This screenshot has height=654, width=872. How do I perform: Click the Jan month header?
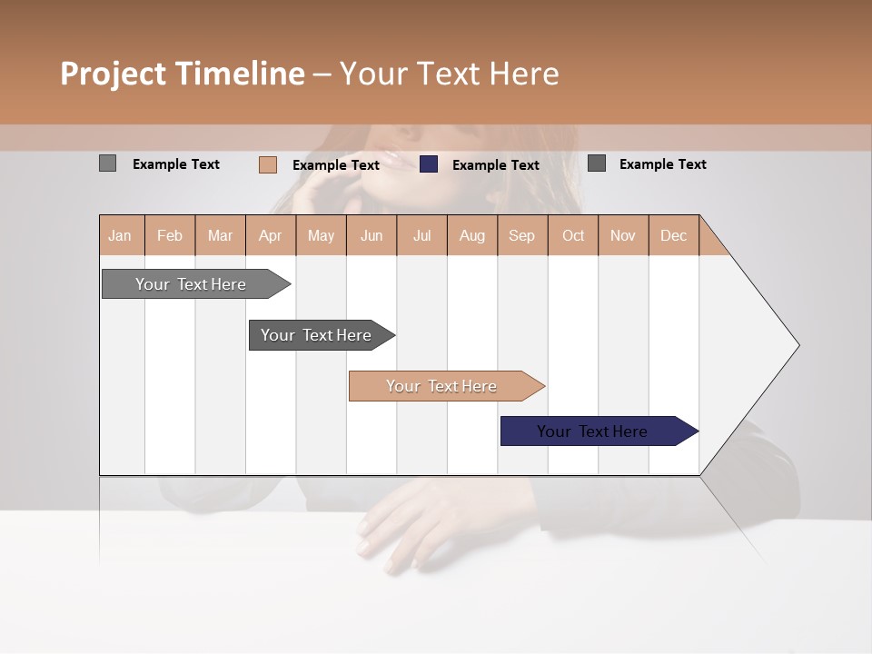tap(121, 235)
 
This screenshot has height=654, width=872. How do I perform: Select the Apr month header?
tap(271, 235)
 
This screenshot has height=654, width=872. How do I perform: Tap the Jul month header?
tap(421, 235)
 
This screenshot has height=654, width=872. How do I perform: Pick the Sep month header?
tap(521, 235)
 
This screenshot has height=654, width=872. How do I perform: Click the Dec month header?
tap(673, 235)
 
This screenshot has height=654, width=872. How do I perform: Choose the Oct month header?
tap(572, 235)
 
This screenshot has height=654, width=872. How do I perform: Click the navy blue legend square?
tap(429, 164)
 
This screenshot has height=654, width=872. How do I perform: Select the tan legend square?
tap(268, 164)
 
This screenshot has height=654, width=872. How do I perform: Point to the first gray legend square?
tap(107, 163)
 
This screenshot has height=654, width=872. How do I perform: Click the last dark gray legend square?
tap(597, 163)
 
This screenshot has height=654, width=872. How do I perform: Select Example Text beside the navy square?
tap(495, 165)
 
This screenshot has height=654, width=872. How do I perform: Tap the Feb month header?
tap(170, 235)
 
